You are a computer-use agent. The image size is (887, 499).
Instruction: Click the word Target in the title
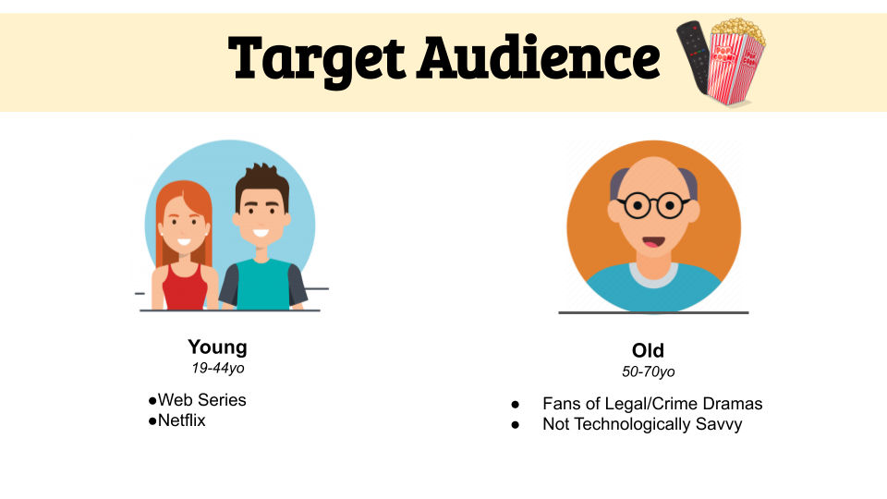pyautogui.click(x=316, y=59)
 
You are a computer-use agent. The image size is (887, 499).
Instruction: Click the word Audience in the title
pyautogui.click(x=539, y=56)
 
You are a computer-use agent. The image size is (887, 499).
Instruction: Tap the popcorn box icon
pyautogui.click(x=736, y=61)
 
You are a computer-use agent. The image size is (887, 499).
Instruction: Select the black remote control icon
pyautogui.click(x=694, y=56)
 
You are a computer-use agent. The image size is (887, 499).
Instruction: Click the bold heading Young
pyautogui.click(x=217, y=347)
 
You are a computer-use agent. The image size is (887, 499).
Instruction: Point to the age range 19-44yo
pyautogui.click(x=218, y=369)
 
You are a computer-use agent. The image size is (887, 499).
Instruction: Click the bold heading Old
pyautogui.click(x=648, y=351)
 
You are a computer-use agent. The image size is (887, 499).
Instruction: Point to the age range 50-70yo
pyautogui.click(x=649, y=371)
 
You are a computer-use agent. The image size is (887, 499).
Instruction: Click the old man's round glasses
pyautogui.click(x=654, y=205)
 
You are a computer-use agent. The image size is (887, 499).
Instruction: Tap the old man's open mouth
pyautogui.click(x=653, y=242)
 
